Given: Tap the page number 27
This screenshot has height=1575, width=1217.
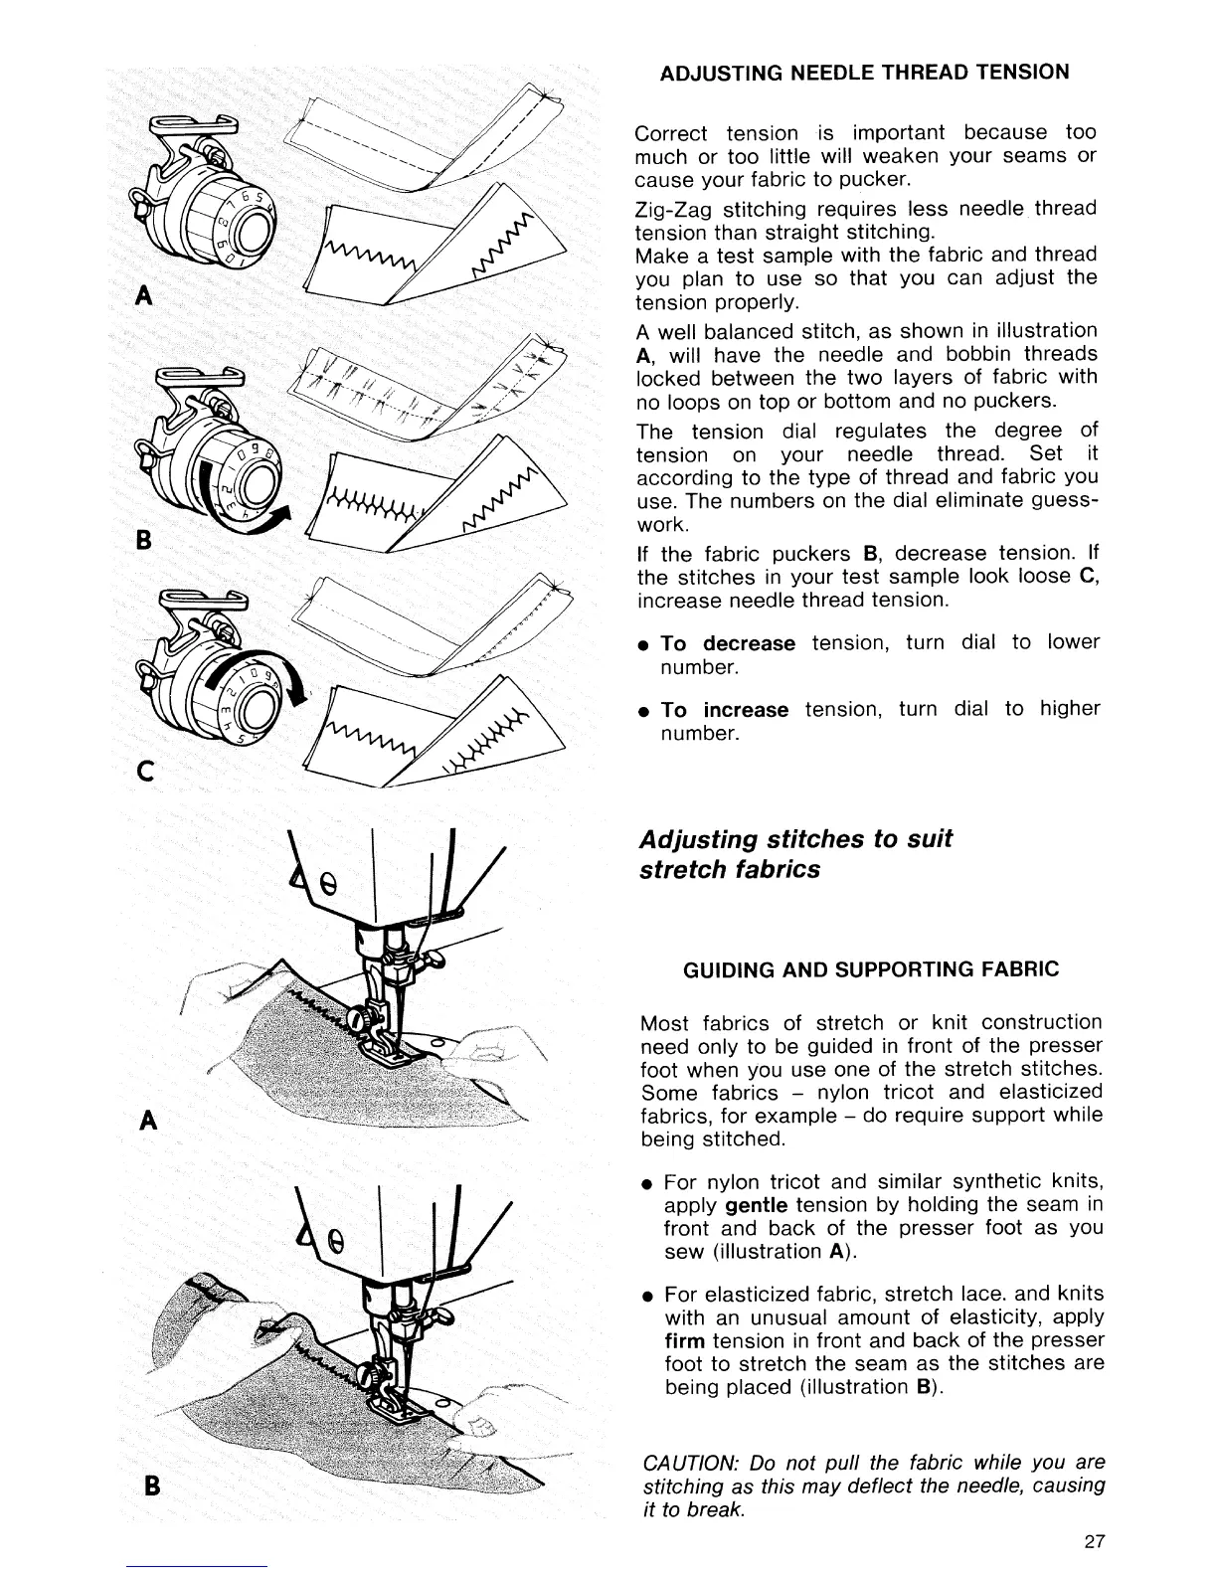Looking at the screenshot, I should pyautogui.click(x=1095, y=1542).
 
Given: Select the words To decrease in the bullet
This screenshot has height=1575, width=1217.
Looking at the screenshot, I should pyautogui.click(x=728, y=643).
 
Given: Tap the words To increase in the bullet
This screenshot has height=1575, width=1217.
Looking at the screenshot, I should pyautogui.click(x=724, y=710).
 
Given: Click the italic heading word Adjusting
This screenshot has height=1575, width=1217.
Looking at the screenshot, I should pyautogui.click(x=696, y=839).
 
